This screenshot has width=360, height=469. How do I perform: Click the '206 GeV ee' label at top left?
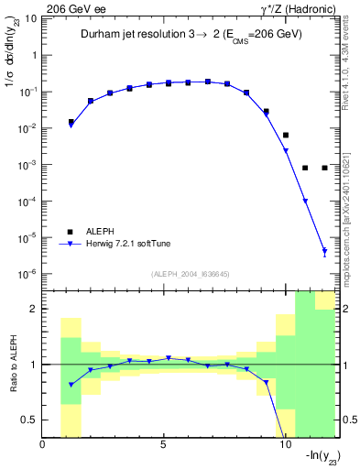pyautogui.click(x=71, y=8)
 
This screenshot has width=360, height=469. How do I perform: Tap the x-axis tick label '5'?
pyautogui.click(x=163, y=445)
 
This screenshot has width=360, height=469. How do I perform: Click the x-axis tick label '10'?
pyautogui.click(x=284, y=445)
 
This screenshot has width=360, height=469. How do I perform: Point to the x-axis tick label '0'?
pyautogui.click(x=42, y=445)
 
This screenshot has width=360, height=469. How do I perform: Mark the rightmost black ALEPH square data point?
pyautogui.click(x=325, y=168)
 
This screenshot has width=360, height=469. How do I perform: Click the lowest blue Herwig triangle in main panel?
pyautogui.click(x=325, y=251)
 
